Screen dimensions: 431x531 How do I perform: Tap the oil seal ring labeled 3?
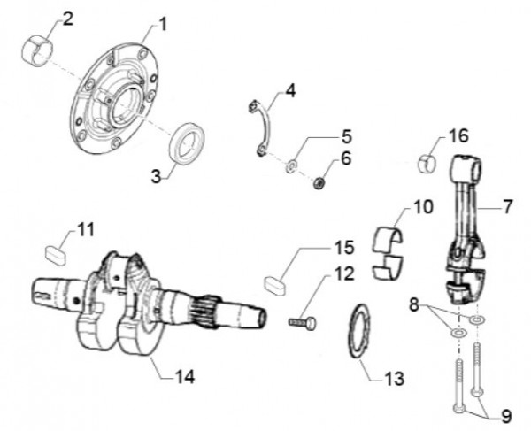coord(189,143)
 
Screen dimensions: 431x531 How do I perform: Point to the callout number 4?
coord(290,91)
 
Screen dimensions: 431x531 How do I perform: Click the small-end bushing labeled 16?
coord(429,164)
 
